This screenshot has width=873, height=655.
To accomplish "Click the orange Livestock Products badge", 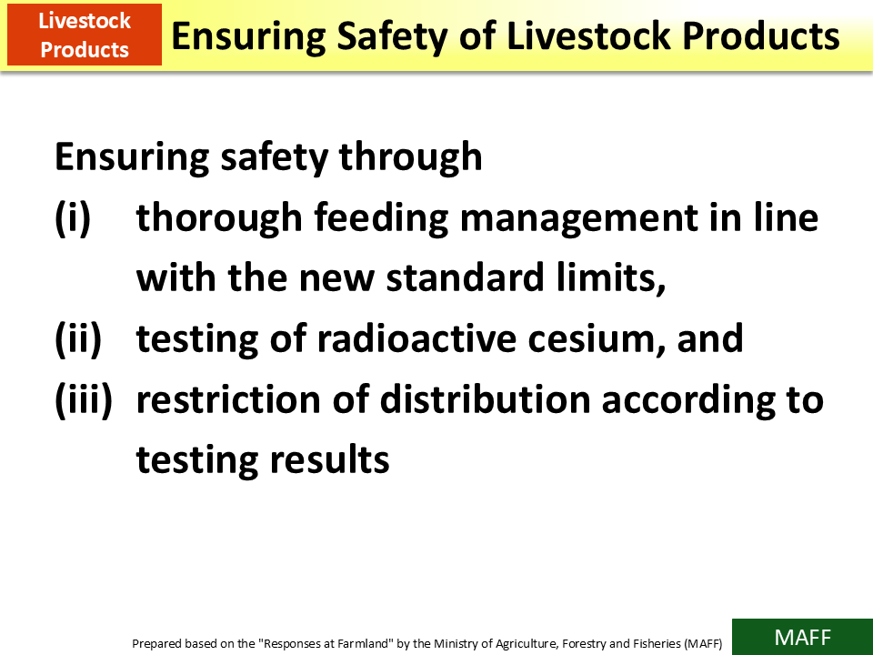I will tap(85, 35).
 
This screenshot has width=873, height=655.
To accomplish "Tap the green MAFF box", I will tap(802, 637).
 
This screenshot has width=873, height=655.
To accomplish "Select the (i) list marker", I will tap(73, 218).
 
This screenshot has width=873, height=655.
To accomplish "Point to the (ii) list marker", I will tap(78, 339).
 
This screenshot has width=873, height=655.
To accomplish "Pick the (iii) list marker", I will tap(83, 399).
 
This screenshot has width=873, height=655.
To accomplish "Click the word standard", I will tap(457, 278).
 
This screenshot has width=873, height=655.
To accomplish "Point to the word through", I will tap(410, 157).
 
